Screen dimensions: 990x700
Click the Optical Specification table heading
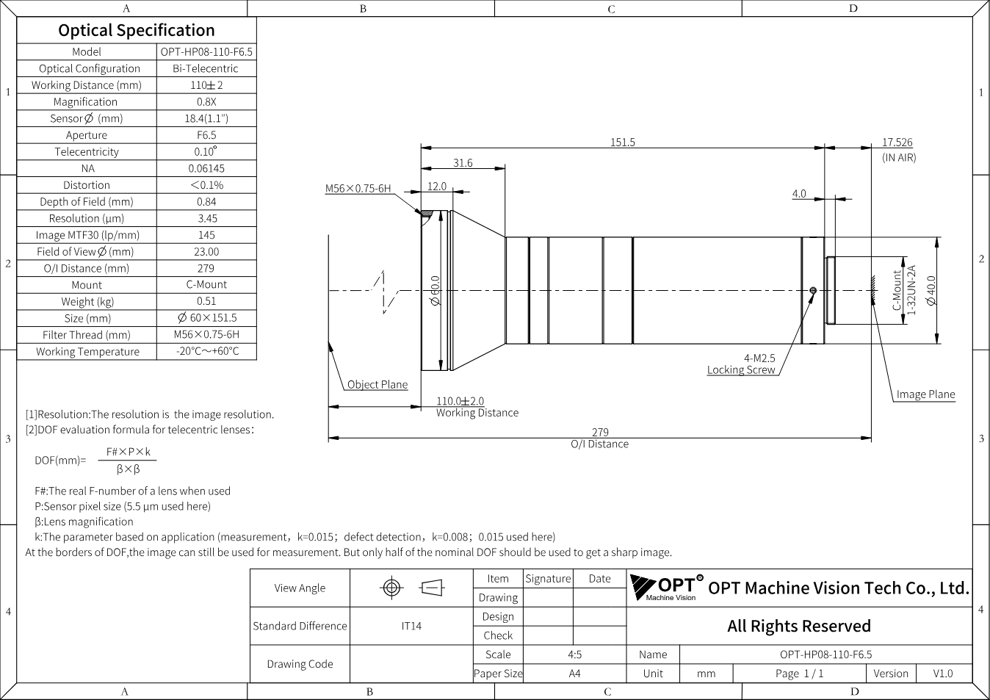[136, 31]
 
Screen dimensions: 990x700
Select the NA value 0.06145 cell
[206, 168]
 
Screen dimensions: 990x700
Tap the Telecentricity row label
[87, 152]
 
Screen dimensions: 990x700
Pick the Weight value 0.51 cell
[206, 301]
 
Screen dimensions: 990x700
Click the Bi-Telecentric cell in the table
[206, 68]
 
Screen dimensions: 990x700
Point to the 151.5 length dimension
[622, 142]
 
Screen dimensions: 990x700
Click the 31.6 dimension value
[463, 163]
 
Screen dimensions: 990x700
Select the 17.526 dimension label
[897, 142]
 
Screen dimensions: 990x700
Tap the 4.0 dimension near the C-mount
[799, 194]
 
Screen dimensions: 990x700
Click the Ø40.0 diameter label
[931, 290]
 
